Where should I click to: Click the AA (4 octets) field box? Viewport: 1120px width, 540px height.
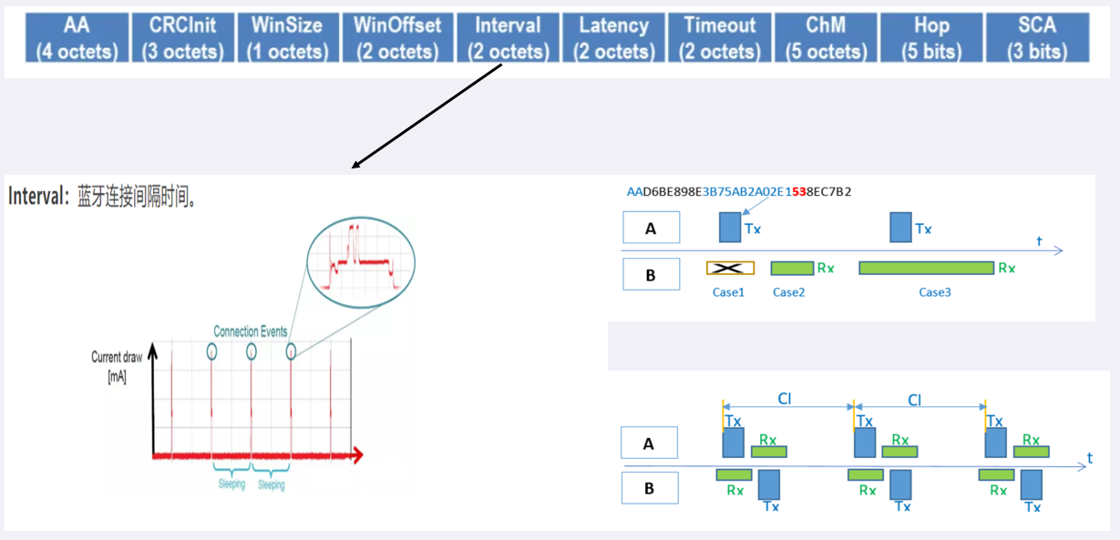[x=77, y=37]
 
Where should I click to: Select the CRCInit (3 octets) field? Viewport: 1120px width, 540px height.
[x=181, y=37]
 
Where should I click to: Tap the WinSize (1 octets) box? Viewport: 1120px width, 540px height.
[x=287, y=37]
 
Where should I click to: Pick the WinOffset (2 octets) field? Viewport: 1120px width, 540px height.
[x=397, y=37]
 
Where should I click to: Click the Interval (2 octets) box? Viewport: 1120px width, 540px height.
[x=508, y=37]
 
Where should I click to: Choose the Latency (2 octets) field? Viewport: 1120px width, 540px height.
[x=613, y=37]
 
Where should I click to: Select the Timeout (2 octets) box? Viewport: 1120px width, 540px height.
[x=719, y=37]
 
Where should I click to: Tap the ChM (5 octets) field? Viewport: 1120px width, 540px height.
[x=825, y=37]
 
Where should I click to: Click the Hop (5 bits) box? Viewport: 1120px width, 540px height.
[x=930, y=37]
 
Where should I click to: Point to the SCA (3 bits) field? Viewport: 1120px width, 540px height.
[x=1037, y=37]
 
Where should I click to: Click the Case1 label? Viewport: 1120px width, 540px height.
[x=729, y=292]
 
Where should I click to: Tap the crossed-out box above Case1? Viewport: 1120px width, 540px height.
[x=730, y=268]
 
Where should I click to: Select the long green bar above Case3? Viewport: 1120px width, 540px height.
[x=926, y=268]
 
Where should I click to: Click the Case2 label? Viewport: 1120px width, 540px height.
[x=788, y=292]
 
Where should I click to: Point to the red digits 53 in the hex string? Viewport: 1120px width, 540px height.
[x=799, y=191]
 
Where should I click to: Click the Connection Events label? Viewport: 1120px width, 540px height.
[x=251, y=331]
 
